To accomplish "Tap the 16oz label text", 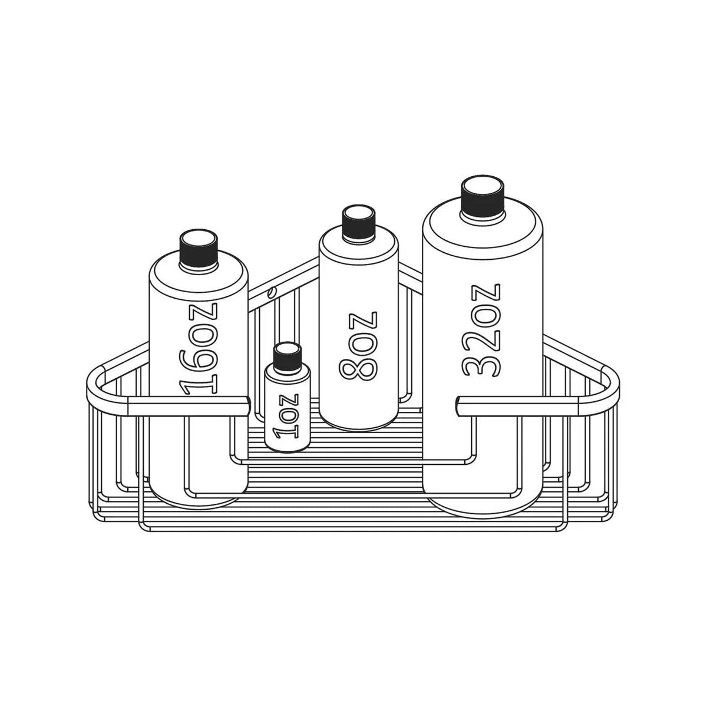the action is [x=199, y=349].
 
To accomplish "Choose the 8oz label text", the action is [x=358, y=346].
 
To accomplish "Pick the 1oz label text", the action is [x=288, y=417].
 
